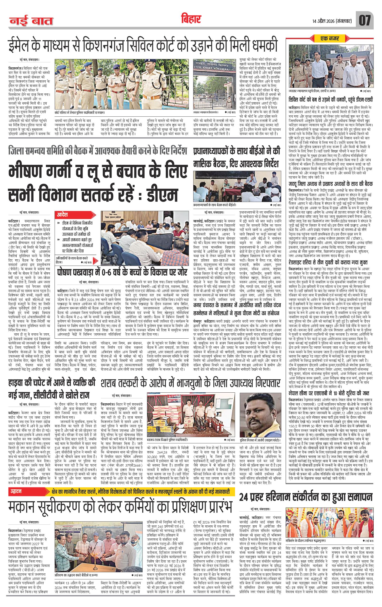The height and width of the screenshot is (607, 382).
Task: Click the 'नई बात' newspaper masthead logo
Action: point(31,21)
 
